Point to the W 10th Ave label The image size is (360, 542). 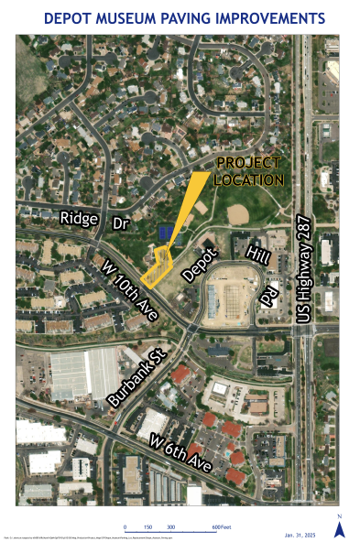(x=124, y=286)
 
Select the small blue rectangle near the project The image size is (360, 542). (x=166, y=233)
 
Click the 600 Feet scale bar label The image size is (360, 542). (x=221, y=528)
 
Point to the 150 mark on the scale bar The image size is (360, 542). (x=147, y=528)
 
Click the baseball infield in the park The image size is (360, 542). (x=236, y=213)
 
